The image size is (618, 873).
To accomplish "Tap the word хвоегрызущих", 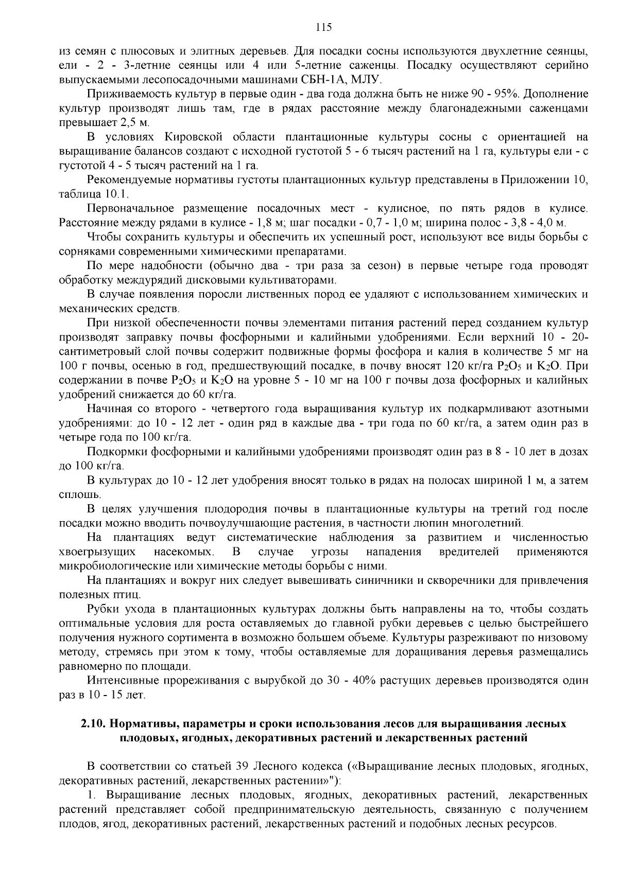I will click(98, 552).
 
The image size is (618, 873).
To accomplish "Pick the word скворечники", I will click(442, 580).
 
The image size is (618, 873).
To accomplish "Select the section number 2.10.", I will click(94, 723).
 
